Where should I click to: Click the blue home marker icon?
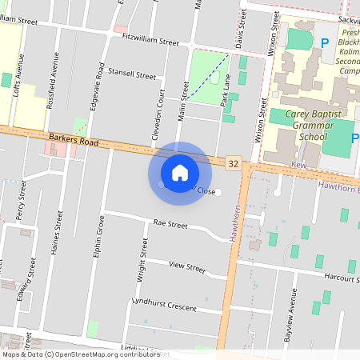point(180,173)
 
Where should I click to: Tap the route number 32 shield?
point(234,163)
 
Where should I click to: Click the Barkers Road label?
point(73,141)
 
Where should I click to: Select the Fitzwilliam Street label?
point(150,40)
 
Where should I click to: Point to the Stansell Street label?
point(131,74)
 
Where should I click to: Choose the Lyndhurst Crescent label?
point(163,305)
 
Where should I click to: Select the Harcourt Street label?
point(341,278)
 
